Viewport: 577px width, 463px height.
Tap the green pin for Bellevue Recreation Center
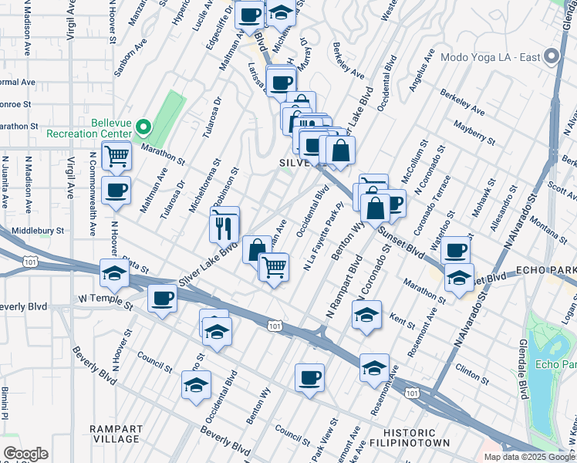[x=143, y=127]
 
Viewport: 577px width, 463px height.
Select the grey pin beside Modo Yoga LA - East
[x=551, y=58]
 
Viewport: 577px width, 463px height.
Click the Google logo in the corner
[x=26, y=454]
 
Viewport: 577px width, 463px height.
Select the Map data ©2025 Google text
[x=529, y=457]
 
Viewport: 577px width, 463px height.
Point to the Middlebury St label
[x=38, y=230]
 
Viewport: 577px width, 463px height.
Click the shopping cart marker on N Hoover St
[x=116, y=155]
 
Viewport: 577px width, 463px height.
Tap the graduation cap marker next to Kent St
[x=366, y=315]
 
